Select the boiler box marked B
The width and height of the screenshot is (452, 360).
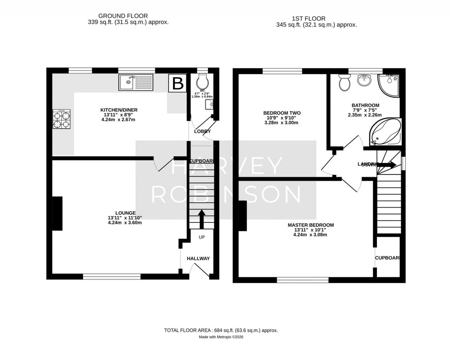pos(177,83)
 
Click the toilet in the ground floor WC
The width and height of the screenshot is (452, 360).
pos(202,81)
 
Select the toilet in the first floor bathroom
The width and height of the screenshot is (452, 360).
pos(344,82)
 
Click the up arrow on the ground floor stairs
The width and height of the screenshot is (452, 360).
pos(202,218)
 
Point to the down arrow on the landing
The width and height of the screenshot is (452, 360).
pos(387,164)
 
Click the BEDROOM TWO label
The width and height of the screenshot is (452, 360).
pos(282,113)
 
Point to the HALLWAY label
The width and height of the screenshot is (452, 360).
pos(198,258)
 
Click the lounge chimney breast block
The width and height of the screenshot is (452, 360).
pos(57,213)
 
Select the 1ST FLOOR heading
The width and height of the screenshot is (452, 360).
pos(309,19)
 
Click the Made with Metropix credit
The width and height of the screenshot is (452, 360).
pos(221,337)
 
